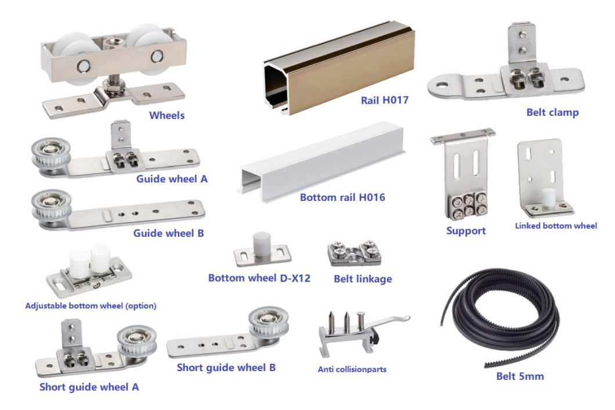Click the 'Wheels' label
(167, 115)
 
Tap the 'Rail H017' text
(385, 100)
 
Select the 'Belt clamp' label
(552, 112)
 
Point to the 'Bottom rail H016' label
(342, 197)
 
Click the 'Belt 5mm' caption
(520, 376)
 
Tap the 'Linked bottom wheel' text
(556, 225)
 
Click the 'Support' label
(466, 231)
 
